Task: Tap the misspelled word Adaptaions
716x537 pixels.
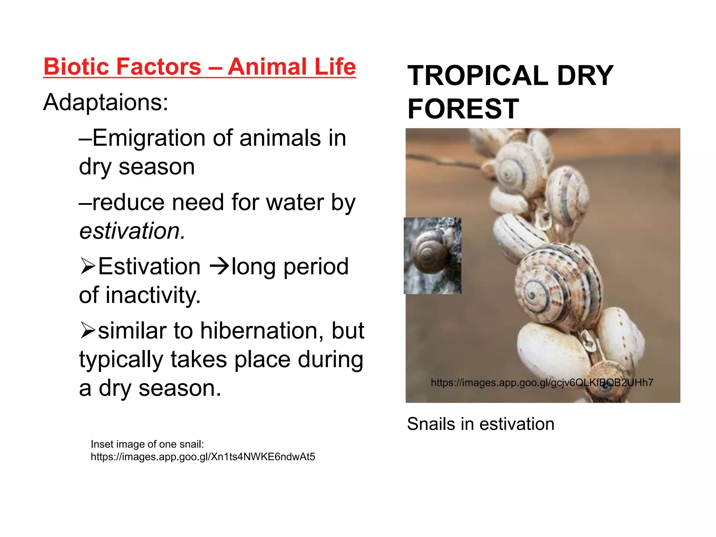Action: pyautogui.click(x=106, y=103)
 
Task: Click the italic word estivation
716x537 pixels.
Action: pyautogui.click(x=131, y=231)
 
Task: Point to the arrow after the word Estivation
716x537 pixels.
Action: pyautogui.click(x=219, y=267)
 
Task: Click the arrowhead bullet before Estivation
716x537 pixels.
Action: pyautogui.click(x=87, y=266)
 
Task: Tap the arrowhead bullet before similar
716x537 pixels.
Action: pyautogui.click(x=87, y=331)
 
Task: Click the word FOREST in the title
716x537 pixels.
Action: pyautogui.click(x=463, y=109)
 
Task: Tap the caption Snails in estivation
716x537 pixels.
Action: pyautogui.click(x=480, y=424)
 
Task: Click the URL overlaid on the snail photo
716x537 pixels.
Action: pyautogui.click(x=542, y=383)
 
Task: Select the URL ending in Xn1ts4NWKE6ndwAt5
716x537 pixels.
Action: pyautogui.click(x=203, y=457)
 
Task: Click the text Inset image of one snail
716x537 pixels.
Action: pyautogui.click(x=147, y=444)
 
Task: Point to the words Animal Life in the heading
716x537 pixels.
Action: pyautogui.click(x=292, y=66)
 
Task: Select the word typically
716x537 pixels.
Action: pyautogui.click(x=121, y=360)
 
